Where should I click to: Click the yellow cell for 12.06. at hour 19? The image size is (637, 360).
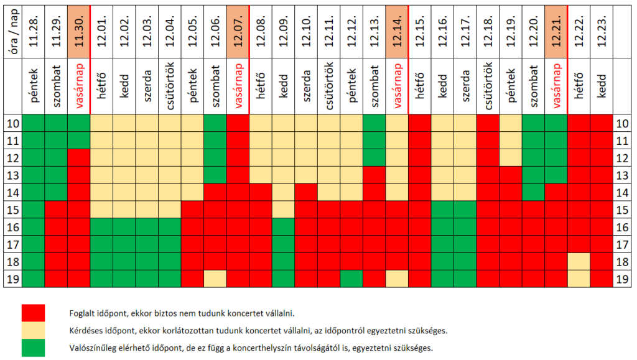215,279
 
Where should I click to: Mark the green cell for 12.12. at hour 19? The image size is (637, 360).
351,279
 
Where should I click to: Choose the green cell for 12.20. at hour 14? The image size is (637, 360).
533,193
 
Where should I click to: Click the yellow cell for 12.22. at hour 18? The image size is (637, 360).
579,261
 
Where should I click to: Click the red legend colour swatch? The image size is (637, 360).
34,312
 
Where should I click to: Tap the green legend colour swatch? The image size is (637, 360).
34,348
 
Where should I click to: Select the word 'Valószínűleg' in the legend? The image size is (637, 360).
90,348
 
